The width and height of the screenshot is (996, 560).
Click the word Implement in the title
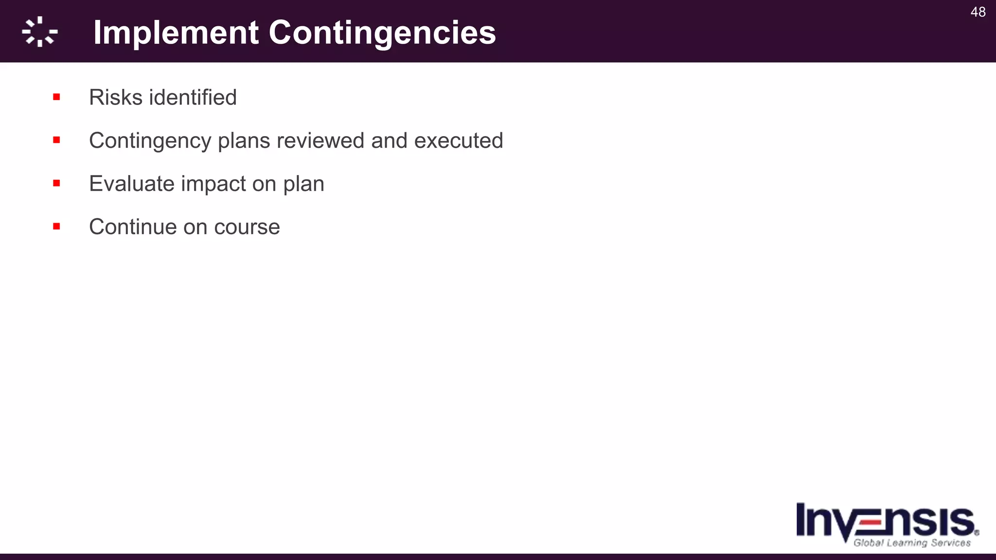click(176, 33)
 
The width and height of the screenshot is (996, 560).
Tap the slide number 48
click(978, 12)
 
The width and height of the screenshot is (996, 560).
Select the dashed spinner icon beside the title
click(40, 32)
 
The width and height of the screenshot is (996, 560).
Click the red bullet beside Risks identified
click(56, 97)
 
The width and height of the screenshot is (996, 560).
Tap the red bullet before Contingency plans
click(56, 140)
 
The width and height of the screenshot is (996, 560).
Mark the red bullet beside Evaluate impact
click(56, 183)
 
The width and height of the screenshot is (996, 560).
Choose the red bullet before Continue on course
click(56, 227)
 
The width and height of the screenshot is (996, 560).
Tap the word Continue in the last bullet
click(132, 227)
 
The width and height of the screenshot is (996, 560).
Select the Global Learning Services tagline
click(912, 543)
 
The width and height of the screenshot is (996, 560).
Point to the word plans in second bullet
click(244, 141)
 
